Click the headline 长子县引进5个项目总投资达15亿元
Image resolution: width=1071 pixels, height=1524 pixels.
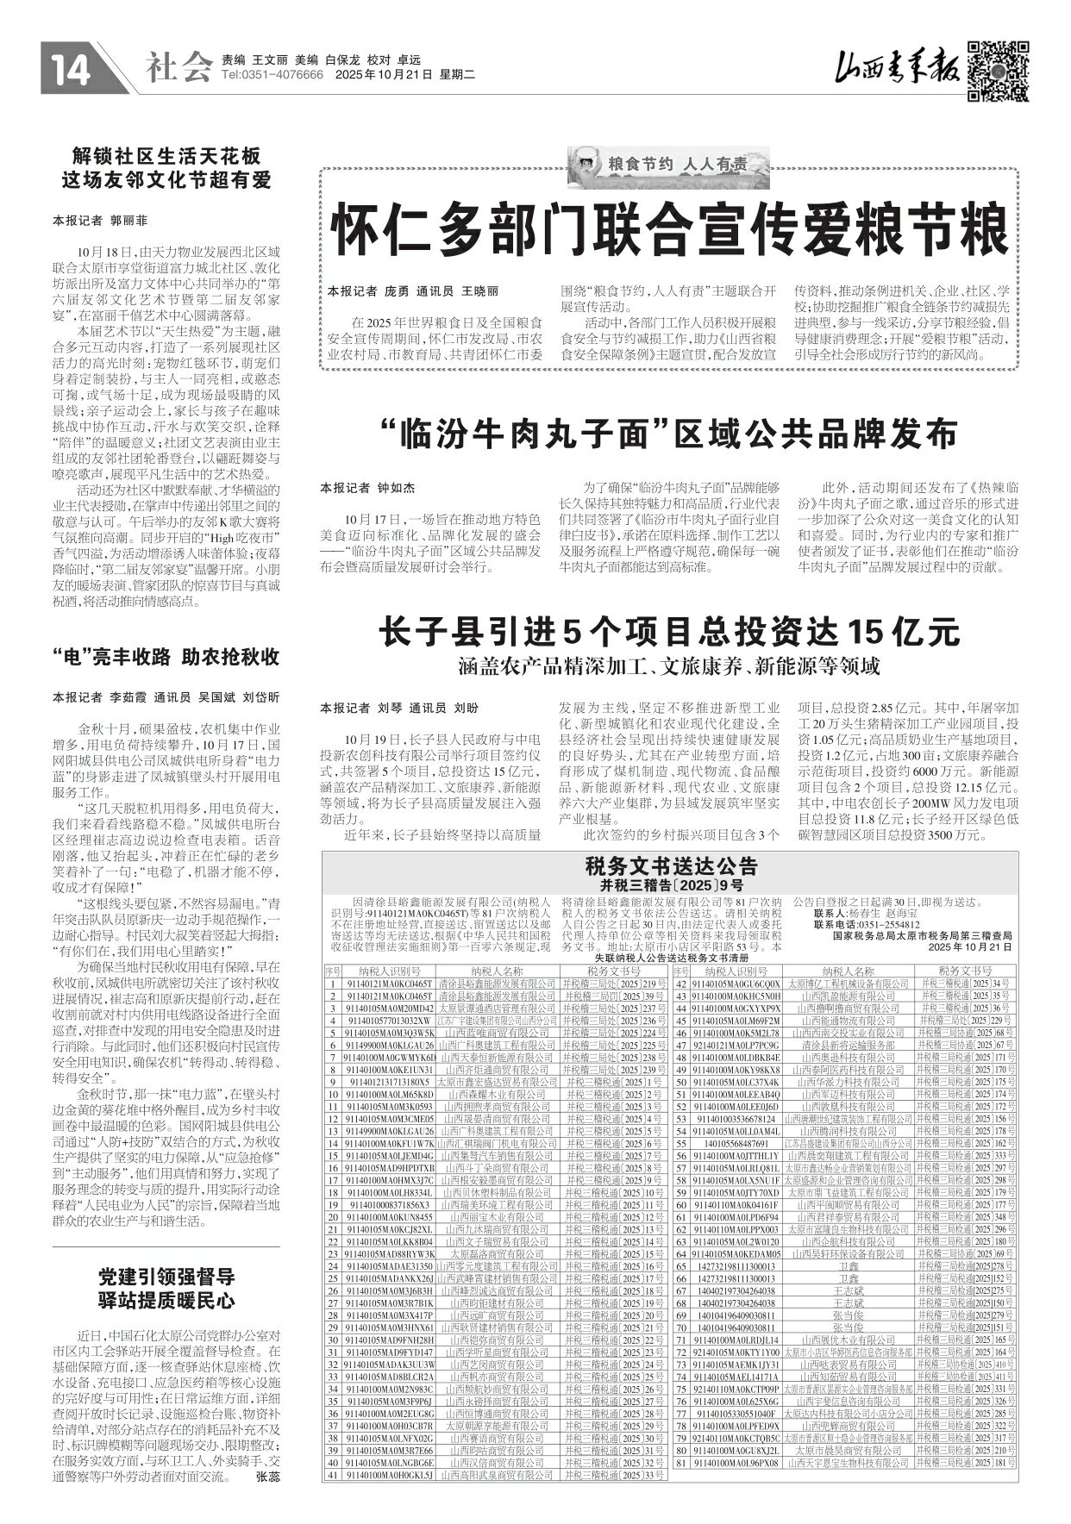(669, 632)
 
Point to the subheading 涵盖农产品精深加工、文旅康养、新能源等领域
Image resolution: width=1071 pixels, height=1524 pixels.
(669, 666)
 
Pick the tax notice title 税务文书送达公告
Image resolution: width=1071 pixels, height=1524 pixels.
(670, 866)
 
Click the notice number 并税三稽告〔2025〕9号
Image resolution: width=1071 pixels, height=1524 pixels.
(670, 884)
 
